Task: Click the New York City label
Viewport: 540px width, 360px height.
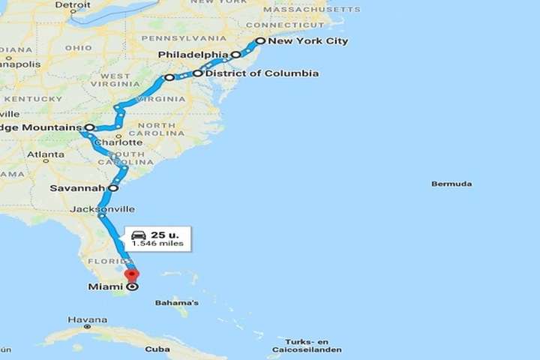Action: pos(307,41)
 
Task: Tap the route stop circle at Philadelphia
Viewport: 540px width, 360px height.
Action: pos(235,55)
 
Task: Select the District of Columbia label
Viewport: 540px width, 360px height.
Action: pos(262,73)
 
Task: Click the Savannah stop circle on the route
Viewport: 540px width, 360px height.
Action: pos(113,188)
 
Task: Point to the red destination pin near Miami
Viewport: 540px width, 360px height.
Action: pos(132,276)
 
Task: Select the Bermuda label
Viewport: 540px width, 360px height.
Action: pos(451,184)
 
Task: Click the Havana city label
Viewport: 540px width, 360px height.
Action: pos(82,319)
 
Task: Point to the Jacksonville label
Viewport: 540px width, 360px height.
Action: pos(102,208)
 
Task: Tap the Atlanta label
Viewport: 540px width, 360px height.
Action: pos(46,154)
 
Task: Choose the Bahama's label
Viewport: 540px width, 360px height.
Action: pos(177,303)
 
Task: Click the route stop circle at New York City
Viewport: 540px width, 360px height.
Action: pos(259,41)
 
